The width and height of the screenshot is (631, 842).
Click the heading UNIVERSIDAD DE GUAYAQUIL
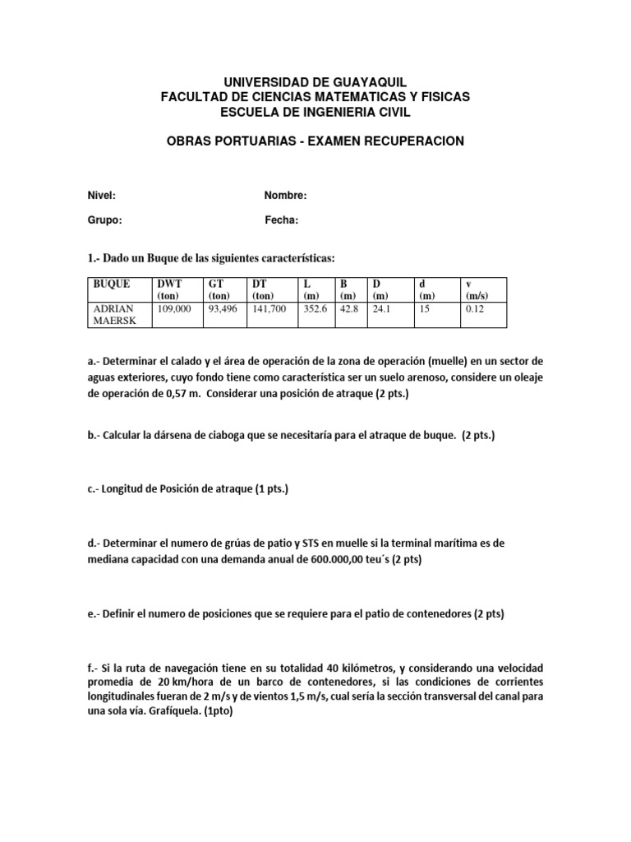pyautogui.click(x=315, y=82)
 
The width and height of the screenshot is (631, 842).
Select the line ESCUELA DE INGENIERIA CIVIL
pyautogui.click(x=315, y=112)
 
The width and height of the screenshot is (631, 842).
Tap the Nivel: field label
pyautogui.click(x=101, y=196)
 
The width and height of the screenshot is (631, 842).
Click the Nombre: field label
pyautogui.click(x=285, y=196)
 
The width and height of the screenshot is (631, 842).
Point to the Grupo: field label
pyautogui.click(x=104, y=220)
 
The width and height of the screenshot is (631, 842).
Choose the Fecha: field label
pyautogui.click(x=281, y=220)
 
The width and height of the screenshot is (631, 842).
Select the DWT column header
pyautogui.click(x=169, y=284)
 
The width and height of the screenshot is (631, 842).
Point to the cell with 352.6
pyautogui.click(x=316, y=308)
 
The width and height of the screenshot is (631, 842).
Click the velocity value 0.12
pyautogui.click(x=475, y=308)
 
